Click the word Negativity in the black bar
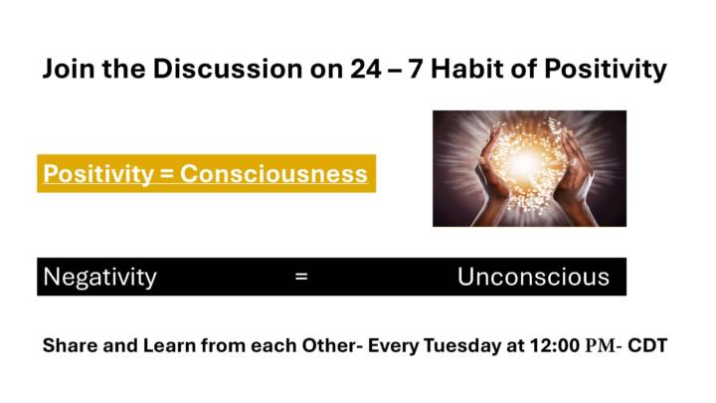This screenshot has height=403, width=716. point(99,277)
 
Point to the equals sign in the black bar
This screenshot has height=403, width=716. point(301,278)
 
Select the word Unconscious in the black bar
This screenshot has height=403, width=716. point(533,277)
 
